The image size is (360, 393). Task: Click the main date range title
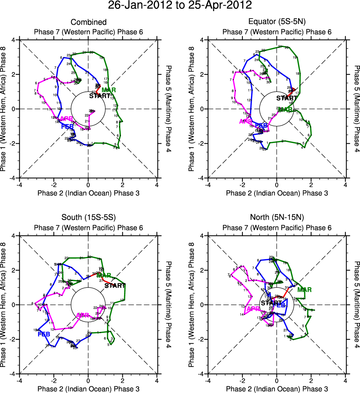pyautogui.click(x=180, y=6)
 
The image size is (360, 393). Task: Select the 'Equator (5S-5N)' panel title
pyautogui.click(x=277, y=23)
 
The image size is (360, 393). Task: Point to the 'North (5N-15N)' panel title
pyautogui.click(x=277, y=218)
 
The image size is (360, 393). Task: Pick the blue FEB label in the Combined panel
pyautogui.click(x=68, y=126)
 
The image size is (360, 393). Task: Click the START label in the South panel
pyautogui.click(x=115, y=286)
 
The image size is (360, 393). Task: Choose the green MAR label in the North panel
pyautogui.click(x=304, y=290)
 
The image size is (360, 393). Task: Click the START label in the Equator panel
pyautogui.click(x=287, y=98)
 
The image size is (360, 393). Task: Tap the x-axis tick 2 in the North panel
pyautogui.click(x=311, y=381)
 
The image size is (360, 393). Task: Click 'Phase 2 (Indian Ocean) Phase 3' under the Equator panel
pyautogui.click(x=277, y=193)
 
